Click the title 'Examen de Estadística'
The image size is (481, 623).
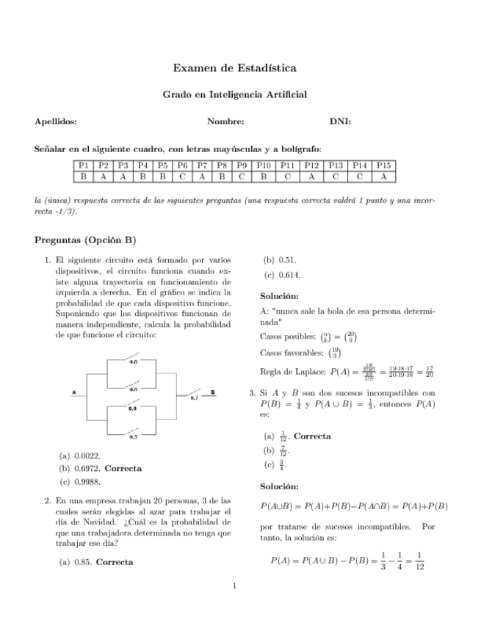[x=234, y=68]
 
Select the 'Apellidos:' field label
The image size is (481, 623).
[x=56, y=122]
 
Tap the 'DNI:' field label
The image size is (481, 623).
[x=340, y=122]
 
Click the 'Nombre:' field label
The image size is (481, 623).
[x=225, y=122]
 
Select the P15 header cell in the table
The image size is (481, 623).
[x=383, y=166]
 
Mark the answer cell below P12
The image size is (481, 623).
[x=311, y=177]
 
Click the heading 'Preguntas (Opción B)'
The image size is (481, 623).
[x=85, y=240]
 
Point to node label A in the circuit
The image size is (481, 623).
[x=74, y=392]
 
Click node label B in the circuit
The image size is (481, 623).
[x=213, y=392]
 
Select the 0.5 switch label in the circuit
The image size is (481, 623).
[x=134, y=436]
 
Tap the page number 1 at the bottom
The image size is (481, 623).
[x=234, y=586]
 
